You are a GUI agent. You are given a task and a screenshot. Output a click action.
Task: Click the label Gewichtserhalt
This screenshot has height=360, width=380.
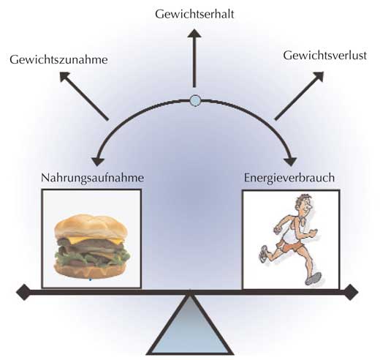tap(194, 15)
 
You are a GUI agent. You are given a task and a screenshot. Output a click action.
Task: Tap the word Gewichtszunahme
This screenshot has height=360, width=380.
tap(58, 60)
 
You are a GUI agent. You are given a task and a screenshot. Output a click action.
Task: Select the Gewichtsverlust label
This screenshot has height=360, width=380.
tap(325, 56)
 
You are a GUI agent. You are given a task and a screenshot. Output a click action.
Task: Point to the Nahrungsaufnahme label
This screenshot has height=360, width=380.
tap(92, 179)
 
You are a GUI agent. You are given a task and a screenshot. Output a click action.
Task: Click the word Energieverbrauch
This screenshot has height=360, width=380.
tap(289, 179)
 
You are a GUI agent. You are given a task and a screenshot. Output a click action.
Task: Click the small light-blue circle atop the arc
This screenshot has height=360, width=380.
tap(195, 100)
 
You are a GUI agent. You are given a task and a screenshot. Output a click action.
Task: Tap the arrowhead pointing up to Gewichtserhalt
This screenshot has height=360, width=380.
tap(194, 34)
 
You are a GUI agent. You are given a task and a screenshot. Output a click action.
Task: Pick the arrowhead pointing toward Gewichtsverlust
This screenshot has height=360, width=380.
tap(319, 76)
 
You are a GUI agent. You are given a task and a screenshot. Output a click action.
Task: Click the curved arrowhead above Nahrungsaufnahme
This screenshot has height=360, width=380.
tap(98, 162)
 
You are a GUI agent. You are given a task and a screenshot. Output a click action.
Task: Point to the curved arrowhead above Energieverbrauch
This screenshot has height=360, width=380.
tap(290, 162)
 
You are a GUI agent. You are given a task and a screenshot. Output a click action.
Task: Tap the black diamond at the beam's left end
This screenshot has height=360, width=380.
tap(23, 292)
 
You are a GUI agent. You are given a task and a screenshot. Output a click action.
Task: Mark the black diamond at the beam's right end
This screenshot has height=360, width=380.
tap(350, 292)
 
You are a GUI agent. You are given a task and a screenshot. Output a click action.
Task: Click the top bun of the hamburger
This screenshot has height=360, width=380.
tap(91, 226)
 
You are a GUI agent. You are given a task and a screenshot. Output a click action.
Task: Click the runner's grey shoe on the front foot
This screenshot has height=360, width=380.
tap(313, 279)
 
